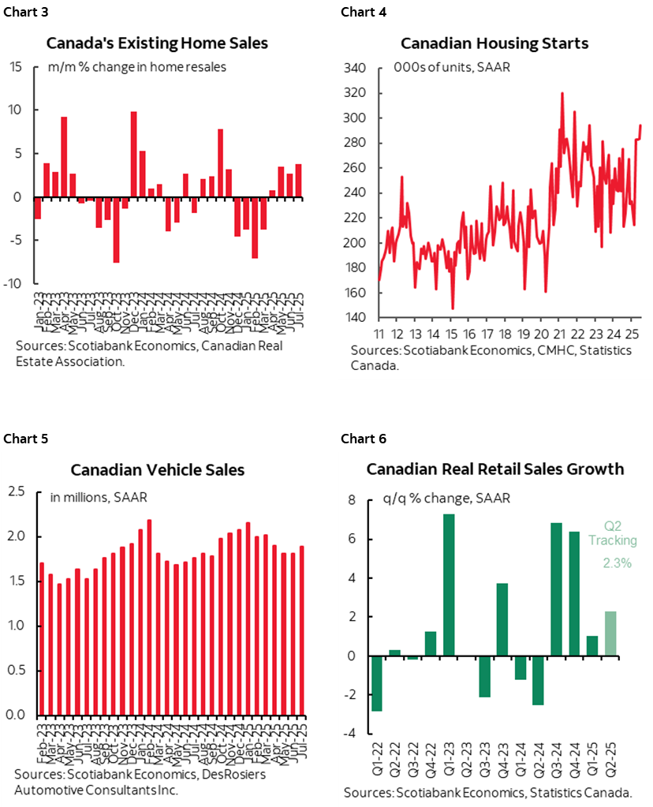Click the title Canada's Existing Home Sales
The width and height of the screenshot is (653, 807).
click(157, 43)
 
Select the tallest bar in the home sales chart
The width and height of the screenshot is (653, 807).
click(133, 154)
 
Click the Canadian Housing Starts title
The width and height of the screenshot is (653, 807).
click(494, 43)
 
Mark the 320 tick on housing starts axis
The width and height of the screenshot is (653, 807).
click(356, 93)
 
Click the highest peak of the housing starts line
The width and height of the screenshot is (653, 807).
click(562, 94)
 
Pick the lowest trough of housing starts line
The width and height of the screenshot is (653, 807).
click(453, 308)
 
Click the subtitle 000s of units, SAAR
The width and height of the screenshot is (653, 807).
click(451, 67)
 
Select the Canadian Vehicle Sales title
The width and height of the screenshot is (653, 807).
click(157, 470)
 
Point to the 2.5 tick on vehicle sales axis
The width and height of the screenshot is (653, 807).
click(16, 492)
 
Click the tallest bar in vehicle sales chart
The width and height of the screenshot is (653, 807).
click(149, 617)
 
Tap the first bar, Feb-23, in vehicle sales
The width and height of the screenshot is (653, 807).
click(42, 638)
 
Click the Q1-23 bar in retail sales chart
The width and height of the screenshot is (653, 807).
click(449, 585)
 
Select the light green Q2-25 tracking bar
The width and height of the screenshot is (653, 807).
click(611, 633)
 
